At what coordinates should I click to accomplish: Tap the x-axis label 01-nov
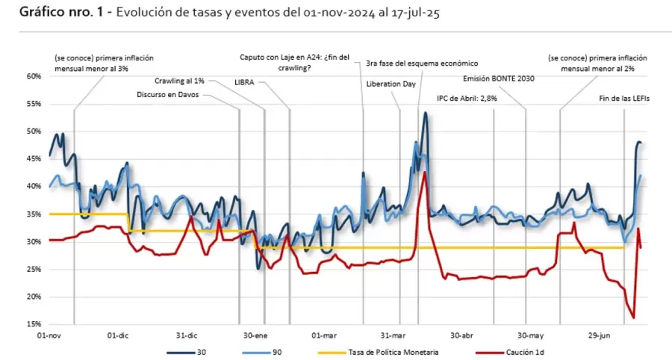50,336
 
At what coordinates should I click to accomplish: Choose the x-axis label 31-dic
187,336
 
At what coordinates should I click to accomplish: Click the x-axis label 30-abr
462,336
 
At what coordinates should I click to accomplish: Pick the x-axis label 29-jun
600,336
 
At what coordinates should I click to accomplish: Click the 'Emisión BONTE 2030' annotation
494,80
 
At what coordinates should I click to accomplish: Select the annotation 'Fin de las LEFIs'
619,98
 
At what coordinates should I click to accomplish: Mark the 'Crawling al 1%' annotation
180,81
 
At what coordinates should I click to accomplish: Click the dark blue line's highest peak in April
425,113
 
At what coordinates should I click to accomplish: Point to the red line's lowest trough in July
633,318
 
